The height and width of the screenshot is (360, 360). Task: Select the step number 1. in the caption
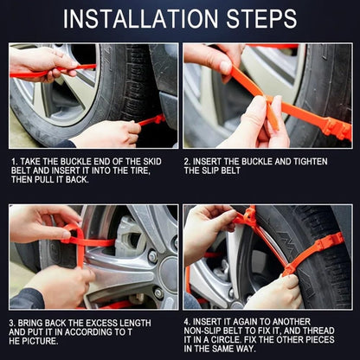15,161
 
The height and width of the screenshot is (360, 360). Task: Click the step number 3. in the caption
15,322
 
